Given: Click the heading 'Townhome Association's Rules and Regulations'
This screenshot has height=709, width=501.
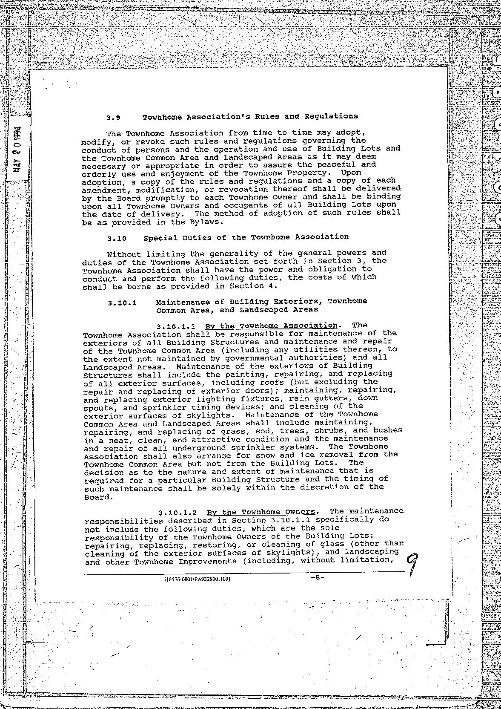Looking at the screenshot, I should tap(250, 116).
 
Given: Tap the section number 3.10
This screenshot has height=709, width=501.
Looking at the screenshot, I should tap(117, 239).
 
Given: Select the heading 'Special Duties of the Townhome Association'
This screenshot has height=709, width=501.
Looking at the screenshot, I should tap(246, 237).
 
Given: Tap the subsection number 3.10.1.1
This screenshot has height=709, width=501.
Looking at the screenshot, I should tap(176, 327).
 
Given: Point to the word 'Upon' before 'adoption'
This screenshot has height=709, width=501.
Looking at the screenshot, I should tap(351, 173).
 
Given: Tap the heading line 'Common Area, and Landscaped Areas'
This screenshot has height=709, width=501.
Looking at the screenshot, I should tap(237, 310).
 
